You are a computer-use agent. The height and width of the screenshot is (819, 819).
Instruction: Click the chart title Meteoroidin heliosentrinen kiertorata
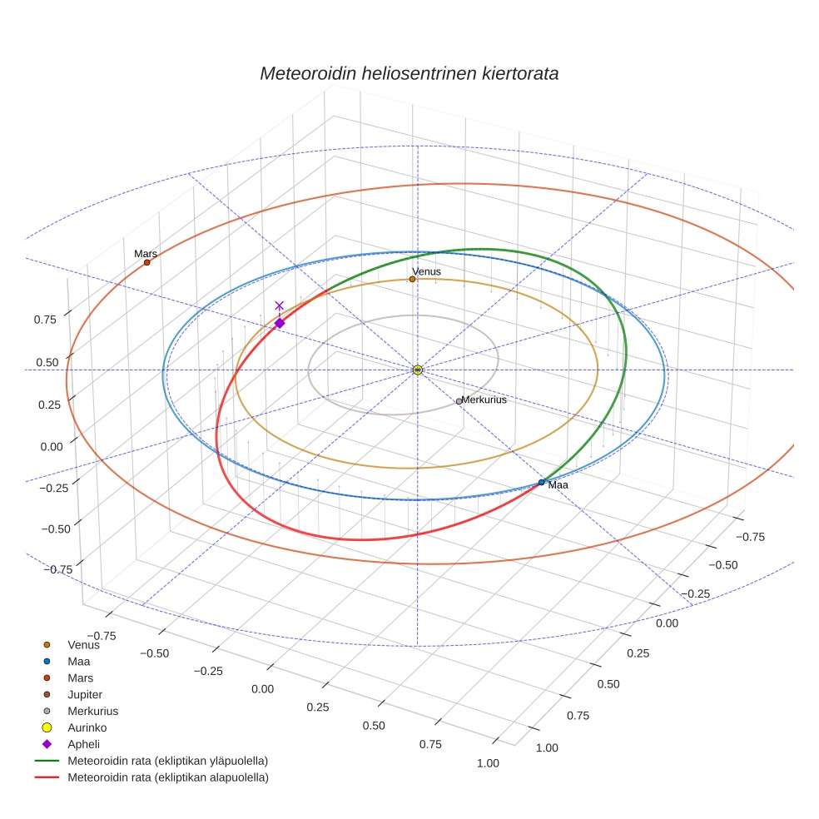click(409, 73)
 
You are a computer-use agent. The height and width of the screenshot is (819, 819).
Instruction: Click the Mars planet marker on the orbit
click(146, 262)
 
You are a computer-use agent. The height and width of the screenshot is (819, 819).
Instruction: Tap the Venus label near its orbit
click(426, 271)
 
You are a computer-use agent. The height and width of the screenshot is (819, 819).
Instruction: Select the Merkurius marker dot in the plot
click(459, 401)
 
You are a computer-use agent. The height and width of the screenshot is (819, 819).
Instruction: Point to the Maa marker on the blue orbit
click(542, 482)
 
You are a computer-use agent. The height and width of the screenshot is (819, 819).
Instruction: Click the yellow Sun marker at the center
click(418, 370)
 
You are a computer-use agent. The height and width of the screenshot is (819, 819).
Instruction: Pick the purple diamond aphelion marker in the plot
click(280, 323)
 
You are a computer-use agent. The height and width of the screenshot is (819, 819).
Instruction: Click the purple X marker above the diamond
click(280, 305)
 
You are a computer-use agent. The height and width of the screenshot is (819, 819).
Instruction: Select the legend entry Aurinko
click(87, 727)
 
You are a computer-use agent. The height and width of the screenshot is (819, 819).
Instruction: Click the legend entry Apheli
click(83, 744)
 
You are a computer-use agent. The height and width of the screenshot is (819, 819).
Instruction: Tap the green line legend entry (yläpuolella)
click(166, 761)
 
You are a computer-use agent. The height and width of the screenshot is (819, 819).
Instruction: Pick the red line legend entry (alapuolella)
click(166, 777)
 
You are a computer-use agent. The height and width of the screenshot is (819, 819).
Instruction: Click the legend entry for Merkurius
click(92, 711)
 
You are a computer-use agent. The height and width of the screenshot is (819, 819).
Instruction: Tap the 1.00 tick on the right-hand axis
click(547, 747)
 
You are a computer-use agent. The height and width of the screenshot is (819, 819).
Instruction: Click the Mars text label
click(146, 253)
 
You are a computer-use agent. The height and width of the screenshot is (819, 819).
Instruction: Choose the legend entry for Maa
click(78, 661)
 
